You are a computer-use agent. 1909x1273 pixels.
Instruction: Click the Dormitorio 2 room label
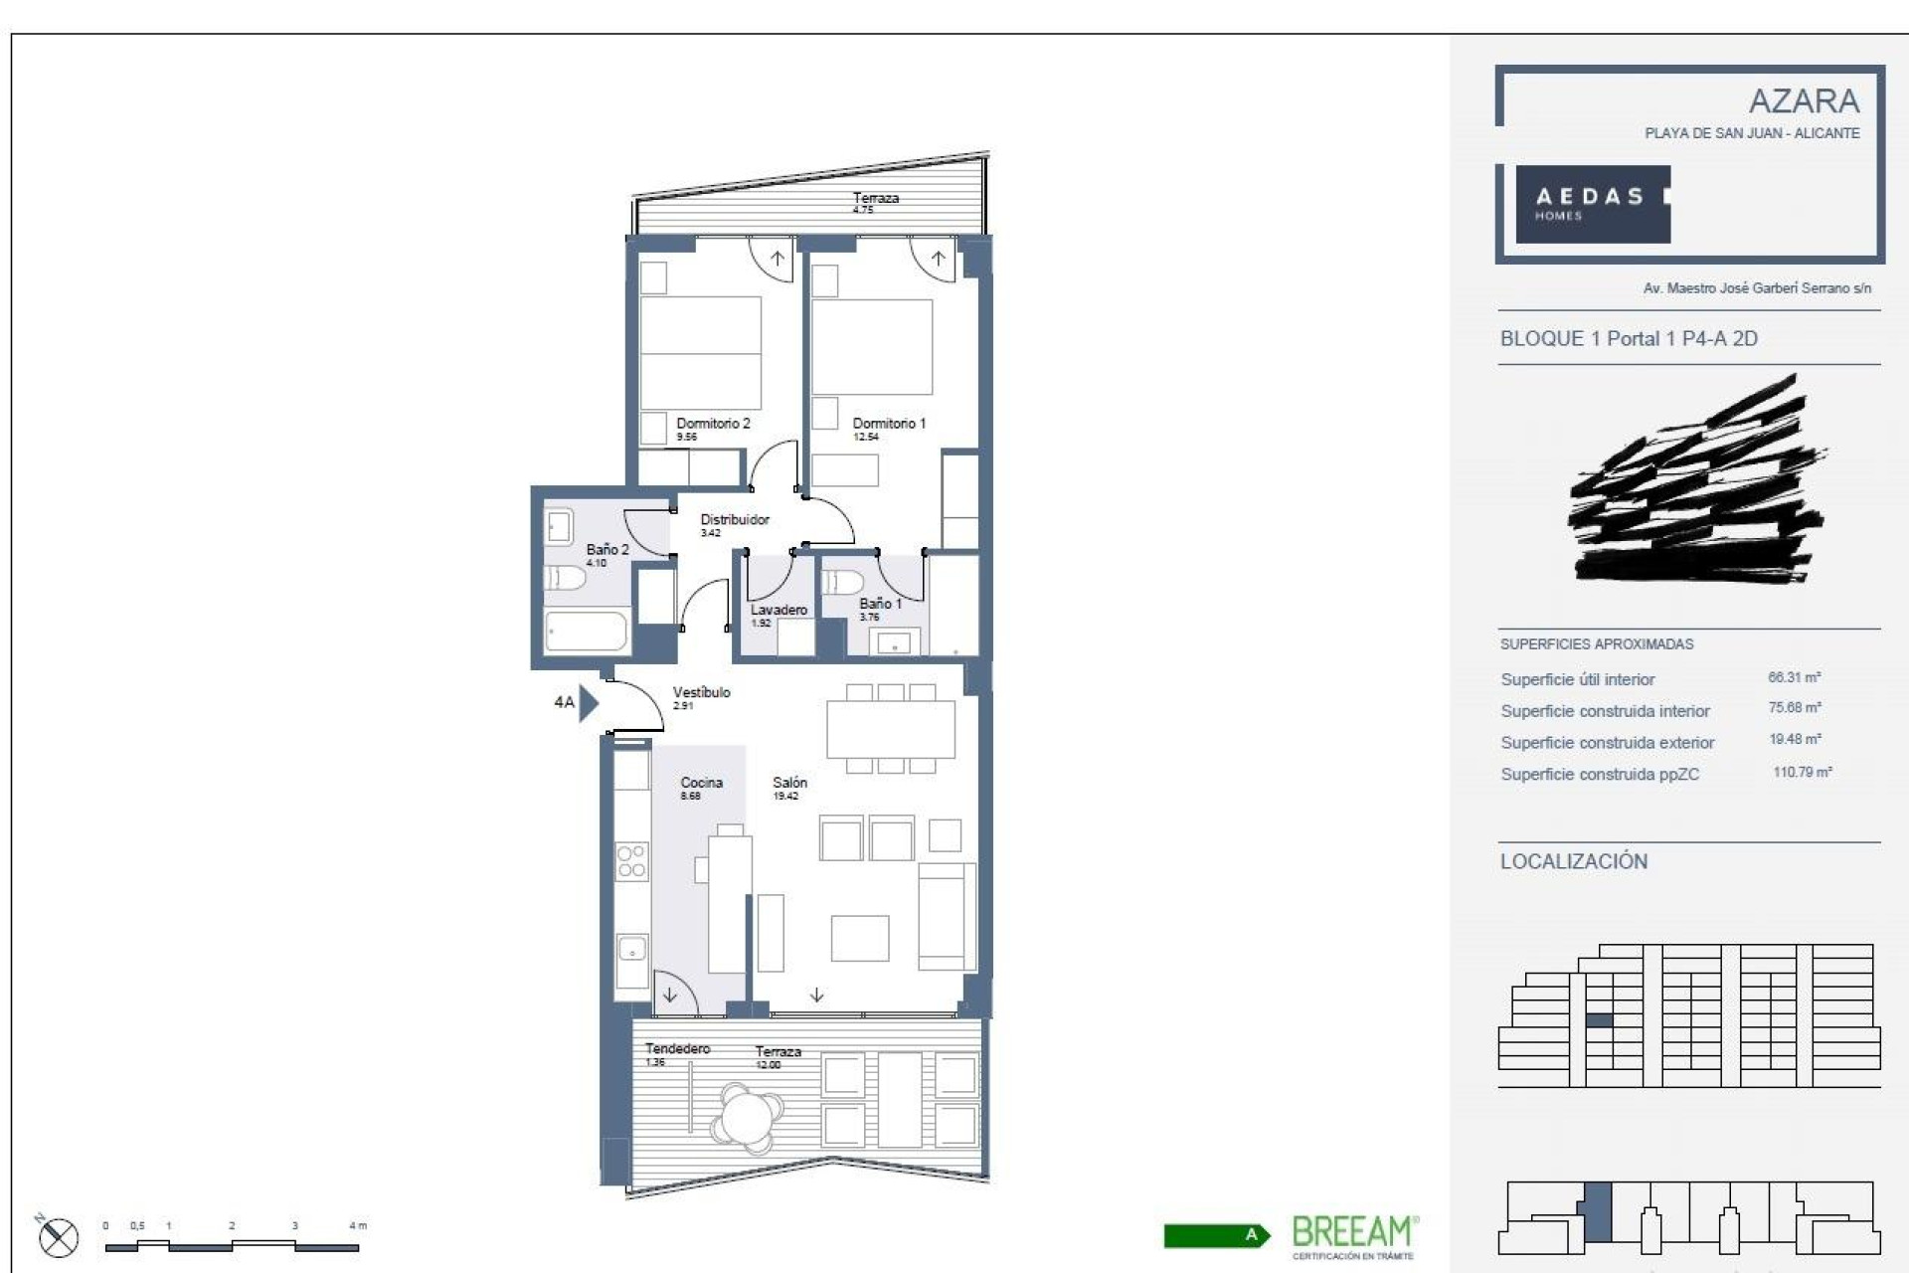(x=713, y=424)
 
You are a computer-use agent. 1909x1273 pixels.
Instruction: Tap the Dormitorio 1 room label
(x=888, y=424)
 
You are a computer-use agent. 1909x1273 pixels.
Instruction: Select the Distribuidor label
(x=734, y=520)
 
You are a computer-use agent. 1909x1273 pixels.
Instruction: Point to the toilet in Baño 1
(x=843, y=581)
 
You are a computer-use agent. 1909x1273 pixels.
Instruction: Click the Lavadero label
(x=778, y=611)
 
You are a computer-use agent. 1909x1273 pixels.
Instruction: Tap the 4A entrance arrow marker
(x=588, y=703)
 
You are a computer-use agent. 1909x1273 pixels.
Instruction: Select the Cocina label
(x=701, y=784)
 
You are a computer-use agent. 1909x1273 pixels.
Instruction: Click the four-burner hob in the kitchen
(x=631, y=861)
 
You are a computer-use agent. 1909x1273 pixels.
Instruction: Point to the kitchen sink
(x=631, y=949)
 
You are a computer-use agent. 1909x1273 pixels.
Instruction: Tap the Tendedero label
(x=677, y=1049)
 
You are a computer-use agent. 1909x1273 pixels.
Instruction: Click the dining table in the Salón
(x=890, y=729)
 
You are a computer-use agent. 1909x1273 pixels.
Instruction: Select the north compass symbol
(x=58, y=1238)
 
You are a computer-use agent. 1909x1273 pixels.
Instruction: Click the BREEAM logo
(x=1351, y=1234)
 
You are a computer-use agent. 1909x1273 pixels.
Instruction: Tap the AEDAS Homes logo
(x=1591, y=204)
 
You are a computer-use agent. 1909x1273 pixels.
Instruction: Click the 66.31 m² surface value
(x=1794, y=678)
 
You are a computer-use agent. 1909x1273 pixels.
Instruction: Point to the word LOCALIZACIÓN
(x=1573, y=862)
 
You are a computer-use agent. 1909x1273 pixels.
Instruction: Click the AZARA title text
(x=1803, y=101)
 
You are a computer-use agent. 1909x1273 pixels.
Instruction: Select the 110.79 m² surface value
(x=1802, y=773)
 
